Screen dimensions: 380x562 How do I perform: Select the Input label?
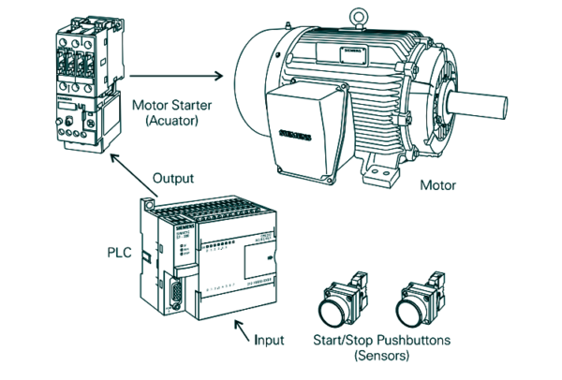[270, 339]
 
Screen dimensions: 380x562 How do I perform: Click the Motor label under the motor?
[438, 185]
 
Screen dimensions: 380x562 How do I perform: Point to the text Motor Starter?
[173, 105]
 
